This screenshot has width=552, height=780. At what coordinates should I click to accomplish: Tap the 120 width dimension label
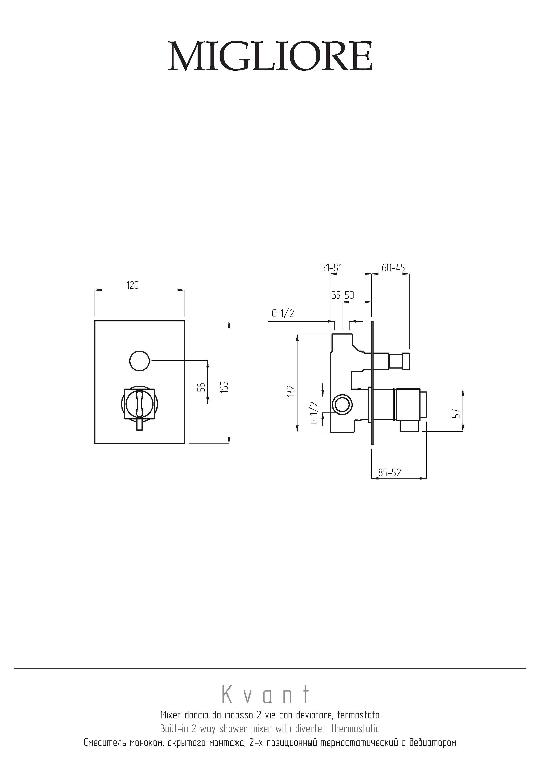click(x=133, y=285)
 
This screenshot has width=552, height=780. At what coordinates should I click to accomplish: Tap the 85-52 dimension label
click(x=390, y=473)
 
